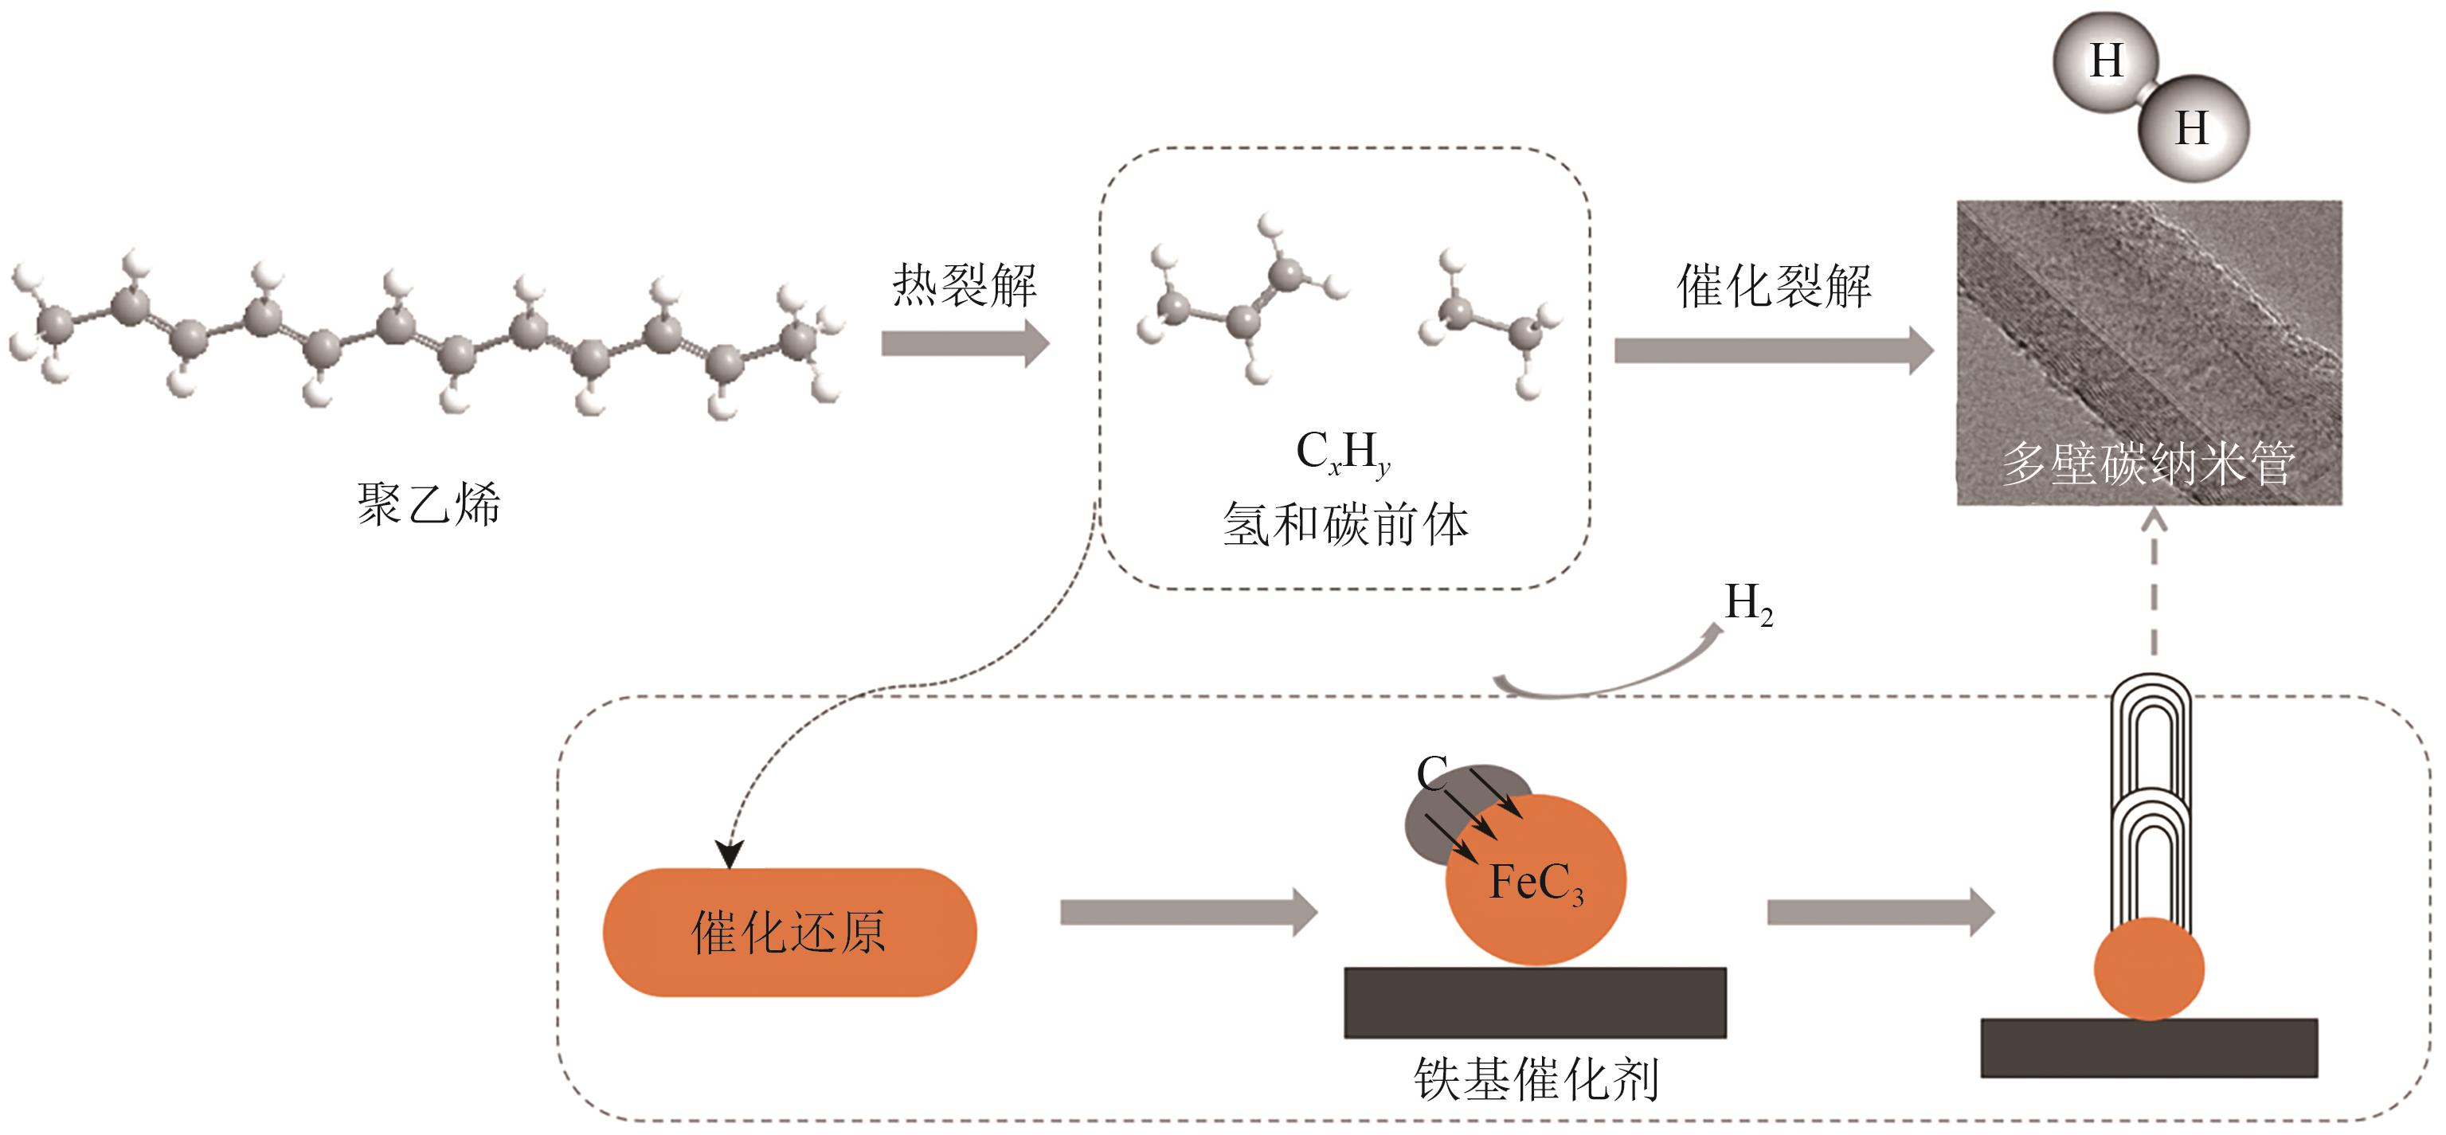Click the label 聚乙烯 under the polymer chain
(x=429, y=503)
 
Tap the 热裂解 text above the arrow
(x=964, y=285)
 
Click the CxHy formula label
(x=1343, y=453)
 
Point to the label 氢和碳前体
(x=1344, y=524)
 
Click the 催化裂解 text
(x=1773, y=286)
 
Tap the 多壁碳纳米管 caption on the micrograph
(x=2148, y=464)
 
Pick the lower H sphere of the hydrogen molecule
(x=2193, y=128)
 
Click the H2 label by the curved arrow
(x=1748, y=603)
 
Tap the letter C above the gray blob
(x=1432, y=773)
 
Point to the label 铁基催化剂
(x=1536, y=1079)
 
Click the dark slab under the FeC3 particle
(x=1535, y=1002)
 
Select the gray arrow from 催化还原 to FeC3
(x=1188, y=913)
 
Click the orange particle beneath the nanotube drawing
(x=2149, y=969)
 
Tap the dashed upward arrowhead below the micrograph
(x=2154, y=519)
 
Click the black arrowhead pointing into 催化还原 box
(x=730, y=855)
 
